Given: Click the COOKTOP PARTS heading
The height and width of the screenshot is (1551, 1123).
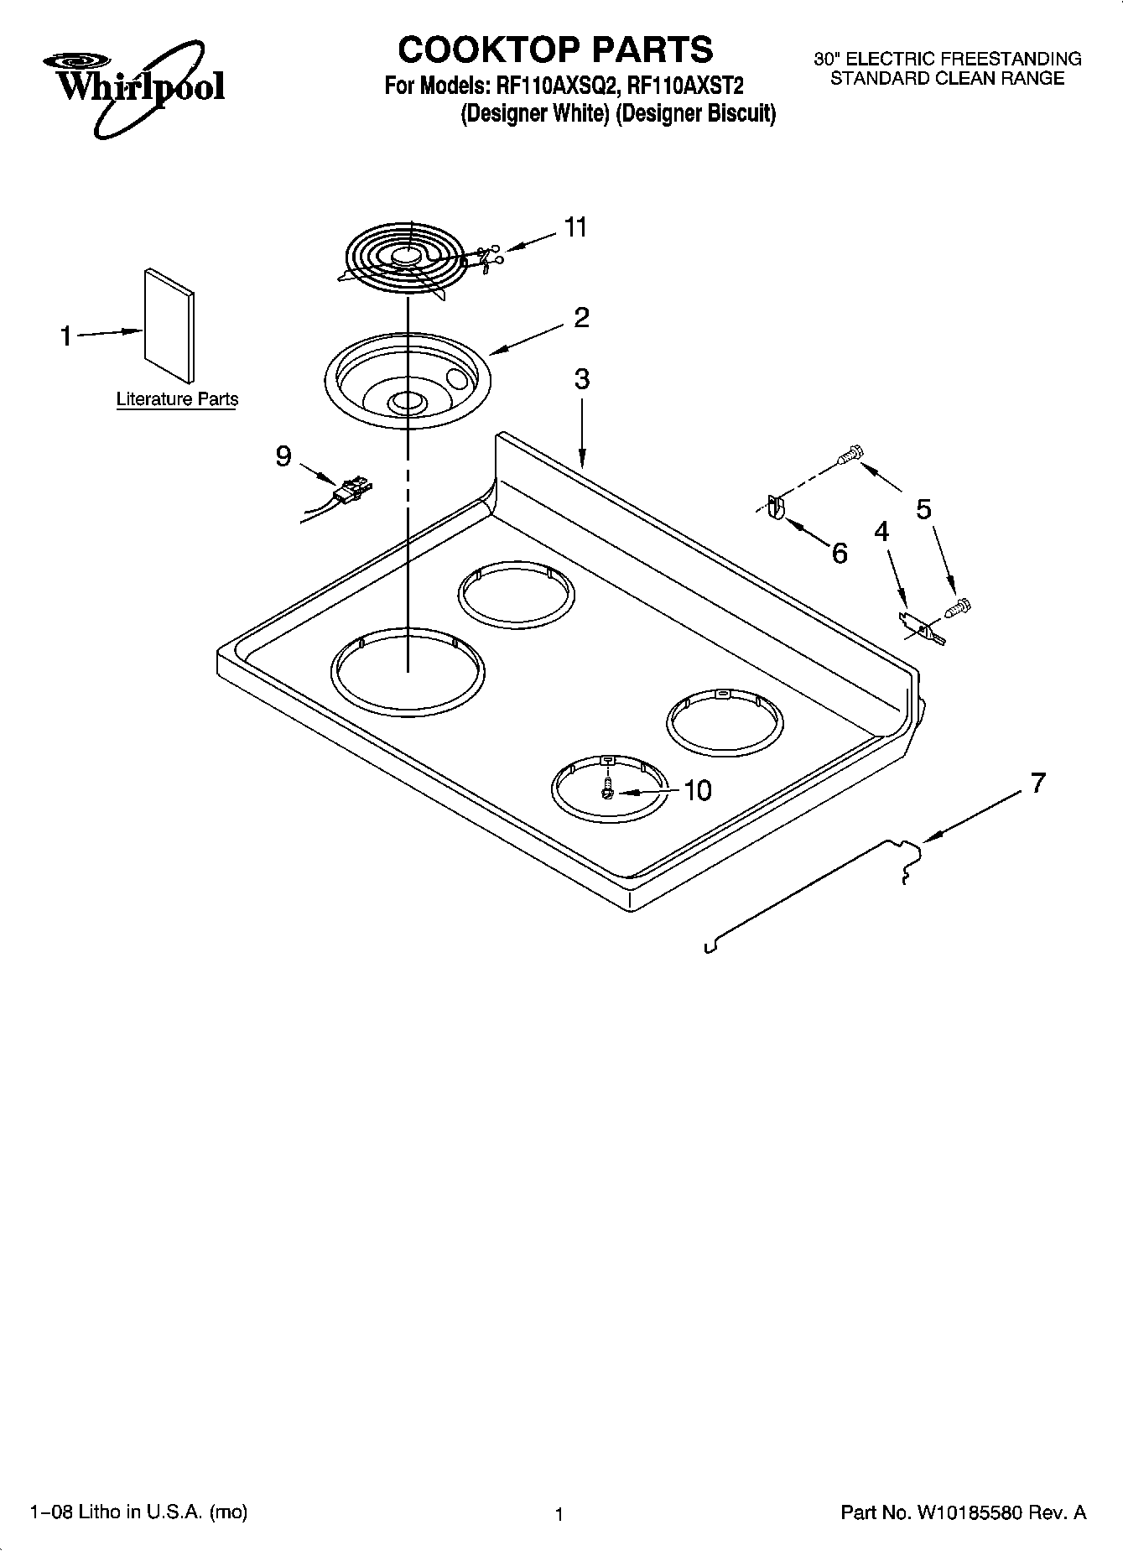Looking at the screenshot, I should coord(555,50).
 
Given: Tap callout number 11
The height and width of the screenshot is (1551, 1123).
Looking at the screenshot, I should coord(575,227).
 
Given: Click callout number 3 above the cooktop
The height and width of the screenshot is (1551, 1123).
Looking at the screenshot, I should coord(581,379).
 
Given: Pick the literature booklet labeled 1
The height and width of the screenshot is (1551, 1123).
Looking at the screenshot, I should coord(169,325).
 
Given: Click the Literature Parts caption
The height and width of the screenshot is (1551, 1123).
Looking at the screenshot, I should coord(177,399).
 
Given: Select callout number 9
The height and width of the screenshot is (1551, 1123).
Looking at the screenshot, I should coord(283,456).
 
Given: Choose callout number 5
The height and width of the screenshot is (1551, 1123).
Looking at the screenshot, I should coord(923,508).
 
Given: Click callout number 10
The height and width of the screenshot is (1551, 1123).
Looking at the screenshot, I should coord(697,790).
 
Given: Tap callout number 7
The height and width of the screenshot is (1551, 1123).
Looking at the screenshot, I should coord(1038,783).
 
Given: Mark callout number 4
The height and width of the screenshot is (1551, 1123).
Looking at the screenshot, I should coord(881,531).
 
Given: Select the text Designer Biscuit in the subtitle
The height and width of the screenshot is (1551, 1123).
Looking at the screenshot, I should coord(695,113).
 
